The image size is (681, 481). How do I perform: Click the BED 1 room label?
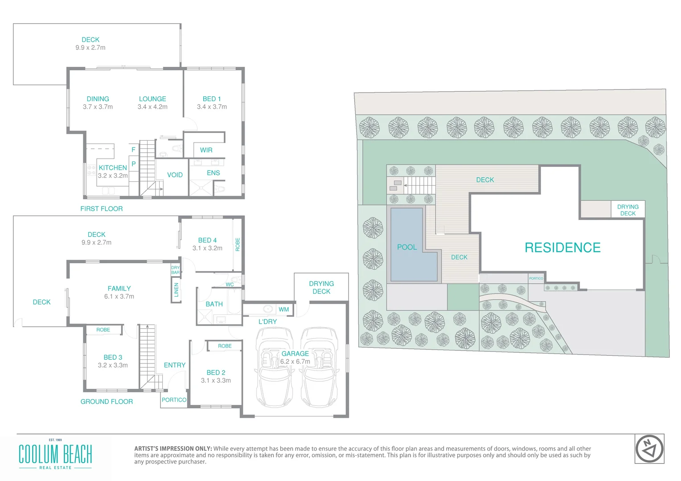(x=212, y=99)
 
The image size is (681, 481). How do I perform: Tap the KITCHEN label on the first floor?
(x=113, y=168)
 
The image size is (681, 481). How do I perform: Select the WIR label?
(x=206, y=150)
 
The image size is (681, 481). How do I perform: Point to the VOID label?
(x=175, y=175)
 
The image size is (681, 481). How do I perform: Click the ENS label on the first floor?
(x=213, y=173)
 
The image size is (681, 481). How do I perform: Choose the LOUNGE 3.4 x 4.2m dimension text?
(x=152, y=107)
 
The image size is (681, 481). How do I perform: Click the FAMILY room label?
(x=119, y=289)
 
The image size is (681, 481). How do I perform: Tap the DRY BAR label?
(x=176, y=270)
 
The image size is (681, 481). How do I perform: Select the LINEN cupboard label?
(x=176, y=290)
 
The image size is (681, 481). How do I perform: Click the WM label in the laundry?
(x=283, y=309)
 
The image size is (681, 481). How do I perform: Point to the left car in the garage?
(x=273, y=367)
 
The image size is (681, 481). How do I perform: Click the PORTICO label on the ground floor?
(x=174, y=400)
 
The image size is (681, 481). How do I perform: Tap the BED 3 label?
(x=113, y=357)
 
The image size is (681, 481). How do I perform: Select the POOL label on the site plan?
(x=407, y=247)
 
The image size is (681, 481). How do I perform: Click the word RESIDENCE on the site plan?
(x=562, y=248)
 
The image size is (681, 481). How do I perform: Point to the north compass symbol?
(x=649, y=448)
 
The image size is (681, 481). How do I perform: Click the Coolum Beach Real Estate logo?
(x=55, y=455)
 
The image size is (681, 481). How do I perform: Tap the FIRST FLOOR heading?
(x=102, y=208)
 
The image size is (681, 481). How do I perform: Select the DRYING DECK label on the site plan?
(x=628, y=210)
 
